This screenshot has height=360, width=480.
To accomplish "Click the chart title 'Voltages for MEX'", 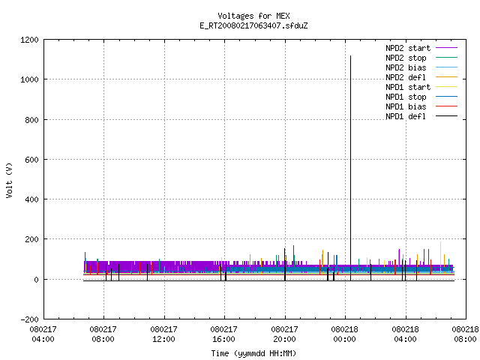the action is [253, 16].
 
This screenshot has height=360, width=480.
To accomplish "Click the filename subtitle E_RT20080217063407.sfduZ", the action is [253, 25].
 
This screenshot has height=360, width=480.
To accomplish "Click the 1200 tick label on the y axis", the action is [29, 40].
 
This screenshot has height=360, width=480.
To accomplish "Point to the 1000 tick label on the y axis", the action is [29, 80].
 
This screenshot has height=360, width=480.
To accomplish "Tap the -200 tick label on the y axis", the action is [29, 319].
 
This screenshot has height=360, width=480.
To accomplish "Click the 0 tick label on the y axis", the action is [37, 280].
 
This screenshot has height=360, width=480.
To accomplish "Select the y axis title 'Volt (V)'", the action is [9, 181].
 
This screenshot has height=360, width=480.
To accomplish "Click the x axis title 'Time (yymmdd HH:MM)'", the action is [253, 353].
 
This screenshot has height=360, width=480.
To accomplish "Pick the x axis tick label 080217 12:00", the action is [163, 334].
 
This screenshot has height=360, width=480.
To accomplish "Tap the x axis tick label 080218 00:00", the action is [345, 334].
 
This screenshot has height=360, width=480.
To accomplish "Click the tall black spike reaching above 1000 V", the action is [350, 168].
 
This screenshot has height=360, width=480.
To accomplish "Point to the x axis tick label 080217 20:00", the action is [285, 334].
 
